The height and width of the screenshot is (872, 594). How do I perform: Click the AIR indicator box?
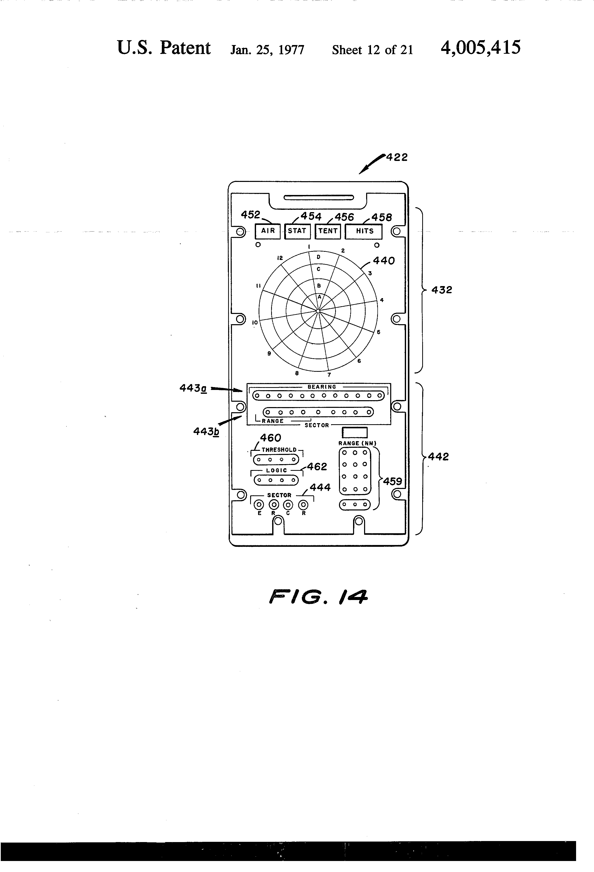268,231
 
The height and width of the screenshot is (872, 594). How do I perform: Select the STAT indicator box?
297,231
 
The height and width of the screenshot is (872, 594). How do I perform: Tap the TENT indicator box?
328,231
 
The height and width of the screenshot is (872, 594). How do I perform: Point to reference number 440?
384,261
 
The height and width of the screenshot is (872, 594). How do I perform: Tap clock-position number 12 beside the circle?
280,258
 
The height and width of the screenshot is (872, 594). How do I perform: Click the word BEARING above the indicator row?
322,387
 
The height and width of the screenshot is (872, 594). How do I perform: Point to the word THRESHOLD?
279,450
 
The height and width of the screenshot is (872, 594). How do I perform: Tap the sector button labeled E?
259,505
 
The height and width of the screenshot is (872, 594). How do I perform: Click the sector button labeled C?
288,505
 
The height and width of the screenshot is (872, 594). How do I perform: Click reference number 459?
393,481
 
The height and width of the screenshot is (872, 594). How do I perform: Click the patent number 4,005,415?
481,48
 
